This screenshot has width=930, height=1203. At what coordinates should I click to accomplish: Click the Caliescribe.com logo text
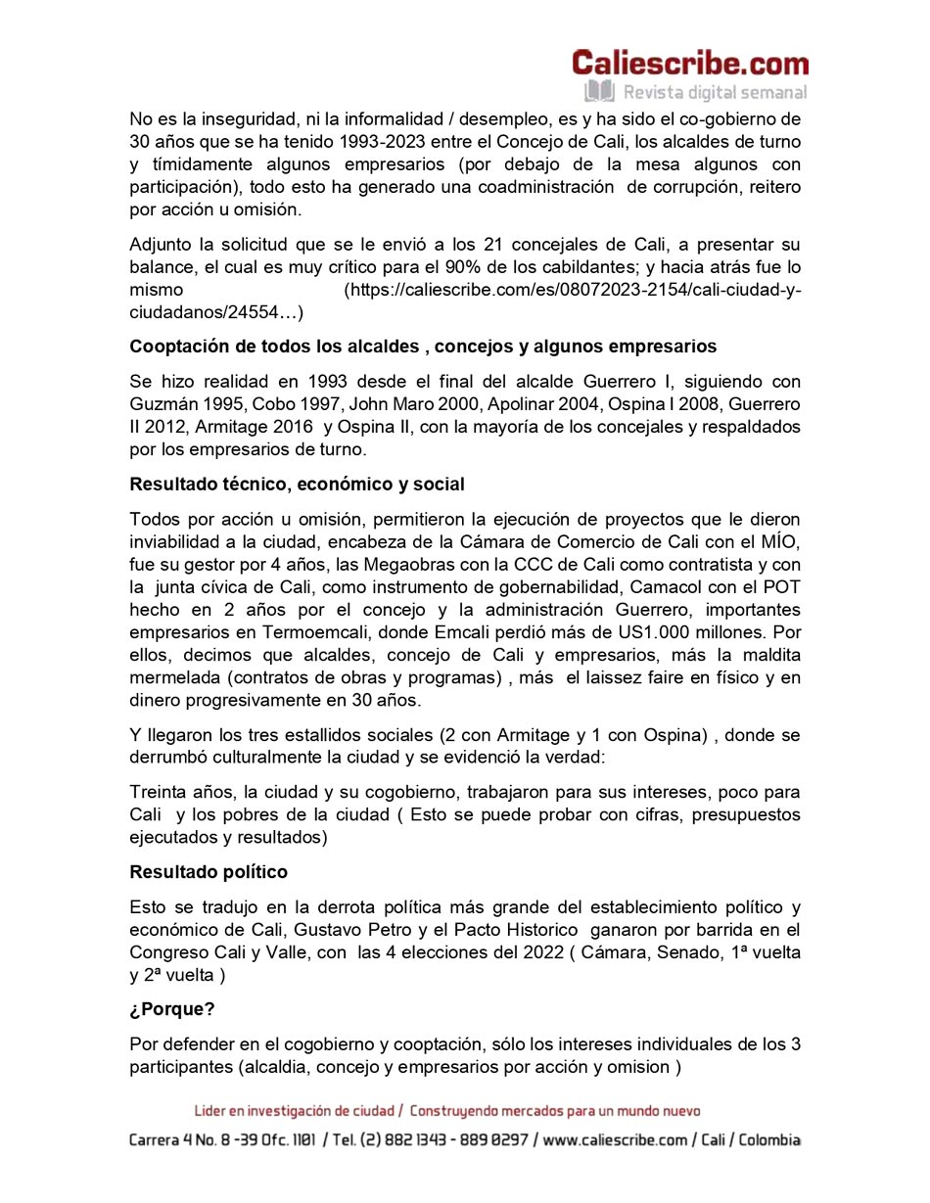click(x=690, y=64)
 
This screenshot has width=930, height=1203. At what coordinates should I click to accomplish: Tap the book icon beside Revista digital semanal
click(x=598, y=92)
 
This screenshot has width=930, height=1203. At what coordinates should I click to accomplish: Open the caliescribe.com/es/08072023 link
click(x=573, y=290)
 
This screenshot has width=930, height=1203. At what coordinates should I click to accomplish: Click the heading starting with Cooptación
click(x=423, y=347)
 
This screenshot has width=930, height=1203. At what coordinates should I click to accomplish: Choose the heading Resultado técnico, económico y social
click(x=297, y=485)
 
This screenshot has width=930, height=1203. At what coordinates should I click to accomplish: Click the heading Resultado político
click(x=209, y=871)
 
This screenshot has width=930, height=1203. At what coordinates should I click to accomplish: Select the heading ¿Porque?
click(x=172, y=1009)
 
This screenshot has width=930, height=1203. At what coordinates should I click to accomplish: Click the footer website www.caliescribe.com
click(x=616, y=1140)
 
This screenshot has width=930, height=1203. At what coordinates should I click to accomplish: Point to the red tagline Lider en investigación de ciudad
click(x=298, y=1111)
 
